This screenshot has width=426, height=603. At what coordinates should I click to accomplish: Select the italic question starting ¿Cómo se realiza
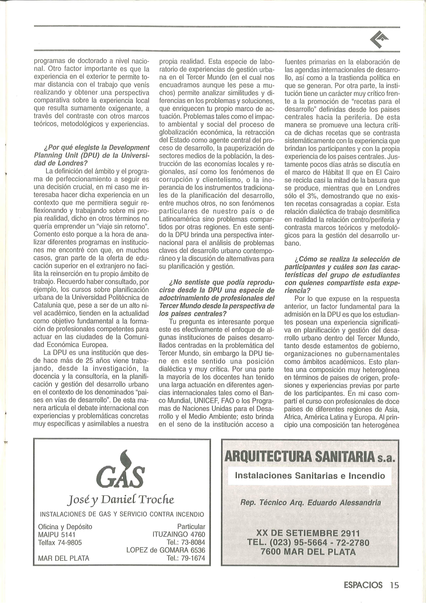342,275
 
